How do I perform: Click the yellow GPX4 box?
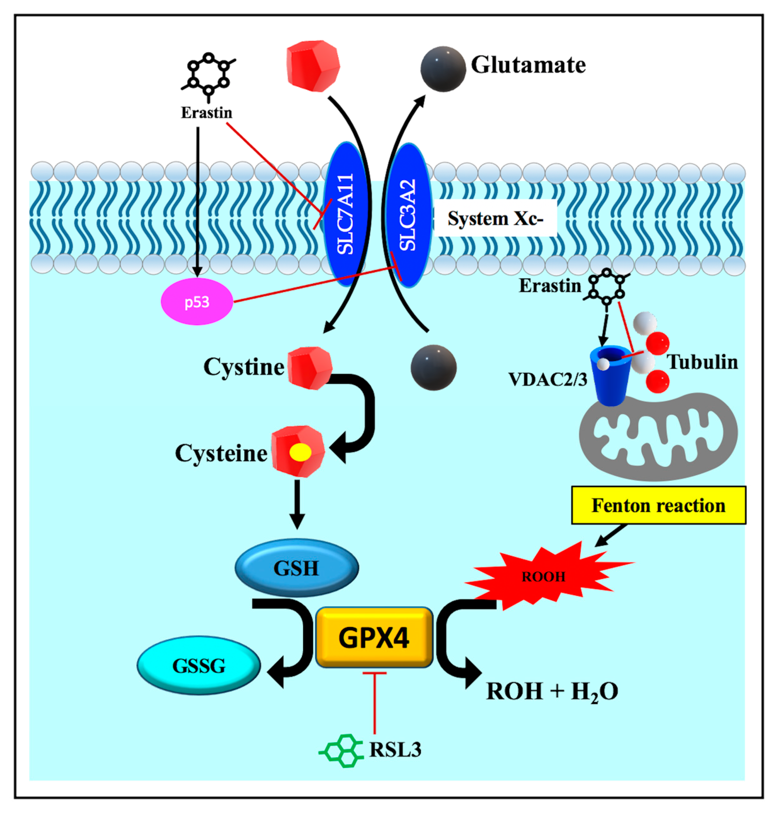pos(374,637)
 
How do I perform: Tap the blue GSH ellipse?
pos(296,568)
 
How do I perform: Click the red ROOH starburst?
pos(544,576)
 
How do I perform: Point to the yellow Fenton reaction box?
pos(658,505)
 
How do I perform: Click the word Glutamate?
pos(528,65)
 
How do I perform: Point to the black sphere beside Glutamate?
pos(443,69)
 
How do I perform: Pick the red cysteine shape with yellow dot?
pos(298,452)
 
